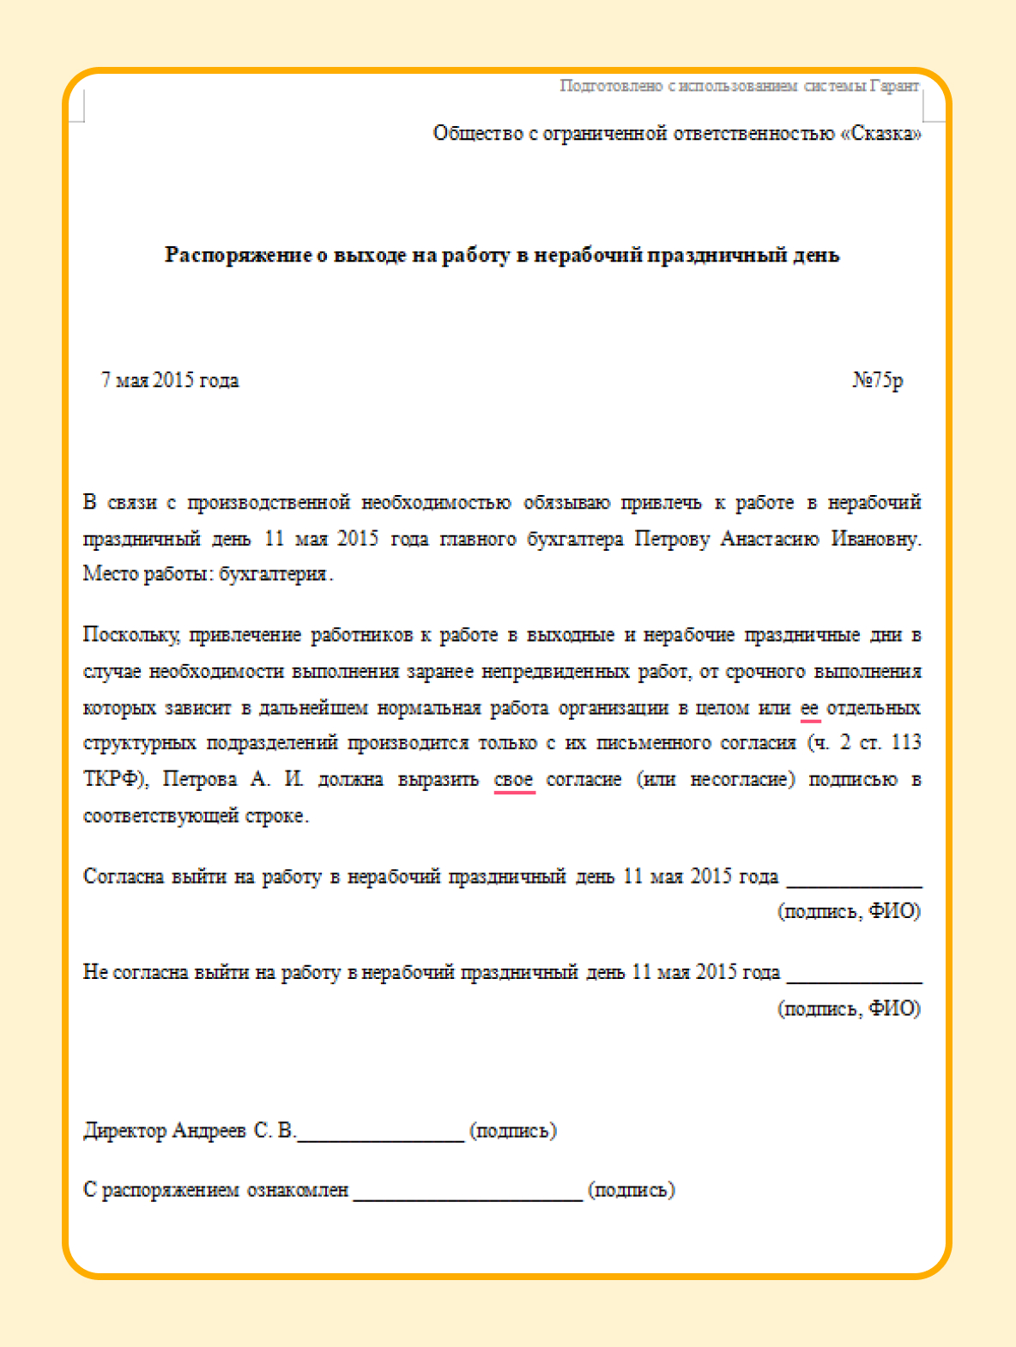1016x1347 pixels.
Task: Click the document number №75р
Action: click(877, 380)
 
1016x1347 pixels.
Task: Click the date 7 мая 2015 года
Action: click(170, 380)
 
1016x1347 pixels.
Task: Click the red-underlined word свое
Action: click(514, 780)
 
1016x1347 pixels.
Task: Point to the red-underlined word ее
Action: click(809, 709)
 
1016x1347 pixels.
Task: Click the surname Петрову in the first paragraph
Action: click(672, 539)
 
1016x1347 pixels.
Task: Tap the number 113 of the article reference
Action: click(906, 743)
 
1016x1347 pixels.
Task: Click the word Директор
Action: click(125, 1131)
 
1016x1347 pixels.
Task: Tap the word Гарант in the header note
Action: click(894, 86)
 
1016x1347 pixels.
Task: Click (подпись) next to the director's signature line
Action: click(513, 1131)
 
